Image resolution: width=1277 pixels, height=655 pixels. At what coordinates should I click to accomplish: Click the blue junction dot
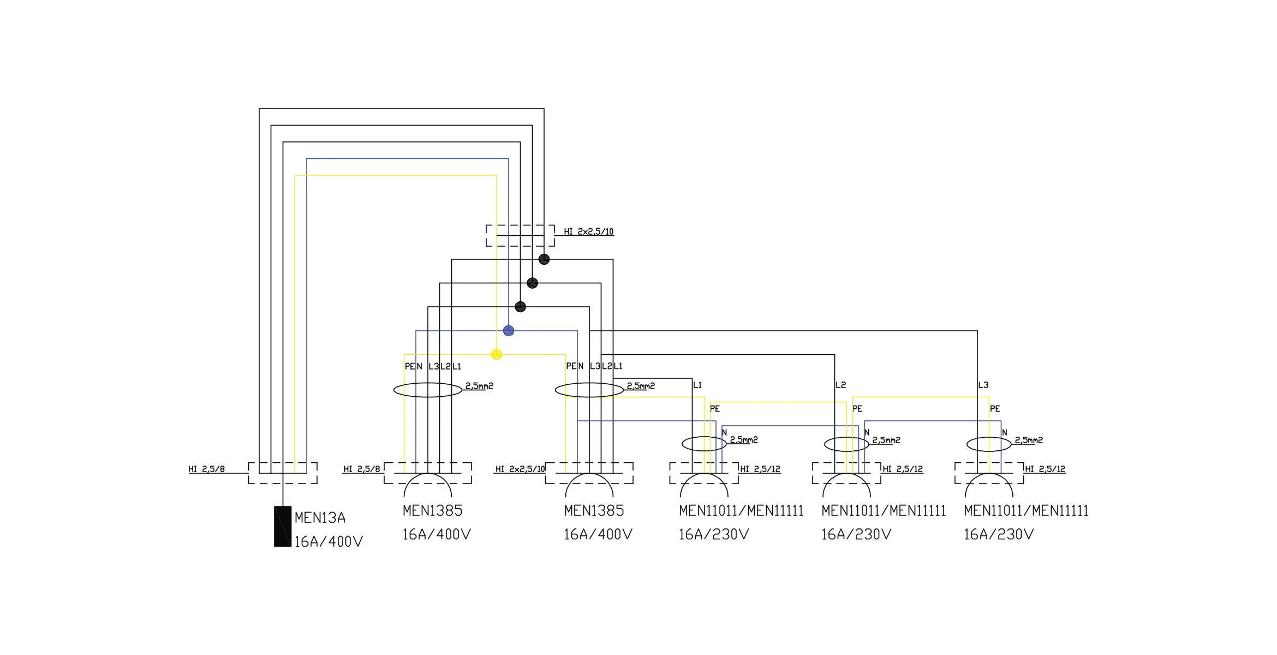point(509,331)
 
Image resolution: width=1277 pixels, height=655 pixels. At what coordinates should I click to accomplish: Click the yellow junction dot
point(497,355)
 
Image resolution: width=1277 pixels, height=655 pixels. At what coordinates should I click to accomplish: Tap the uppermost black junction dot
point(544,259)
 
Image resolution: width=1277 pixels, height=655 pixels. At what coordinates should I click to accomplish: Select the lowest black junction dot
point(521,307)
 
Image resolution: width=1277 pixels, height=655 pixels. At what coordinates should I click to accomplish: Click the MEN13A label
point(320,517)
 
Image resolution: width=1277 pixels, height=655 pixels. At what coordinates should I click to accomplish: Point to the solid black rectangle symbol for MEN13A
point(283,527)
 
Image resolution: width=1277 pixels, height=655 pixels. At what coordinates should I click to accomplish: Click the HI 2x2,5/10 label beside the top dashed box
point(588,231)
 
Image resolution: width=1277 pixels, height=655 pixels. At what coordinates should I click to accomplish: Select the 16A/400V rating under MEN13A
point(329,541)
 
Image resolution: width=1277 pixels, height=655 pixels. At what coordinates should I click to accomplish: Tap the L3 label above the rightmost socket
point(983,385)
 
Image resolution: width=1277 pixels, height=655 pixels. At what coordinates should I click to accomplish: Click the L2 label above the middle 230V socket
point(841,385)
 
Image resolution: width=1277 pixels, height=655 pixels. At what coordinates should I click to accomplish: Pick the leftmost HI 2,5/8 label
point(207,469)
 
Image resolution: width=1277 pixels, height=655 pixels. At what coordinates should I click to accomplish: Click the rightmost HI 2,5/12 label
point(1045,469)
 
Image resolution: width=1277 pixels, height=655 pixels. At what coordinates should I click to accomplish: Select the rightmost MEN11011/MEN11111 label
point(1026,511)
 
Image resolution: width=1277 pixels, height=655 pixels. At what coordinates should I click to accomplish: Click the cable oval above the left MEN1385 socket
point(428,390)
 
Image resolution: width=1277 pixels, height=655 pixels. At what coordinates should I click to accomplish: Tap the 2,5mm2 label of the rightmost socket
point(1029,440)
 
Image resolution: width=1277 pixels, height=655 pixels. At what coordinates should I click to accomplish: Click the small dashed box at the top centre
point(520,235)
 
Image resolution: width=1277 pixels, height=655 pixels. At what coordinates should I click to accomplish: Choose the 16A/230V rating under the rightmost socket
point(999,534)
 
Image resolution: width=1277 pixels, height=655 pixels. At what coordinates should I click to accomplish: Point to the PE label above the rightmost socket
point(995,409)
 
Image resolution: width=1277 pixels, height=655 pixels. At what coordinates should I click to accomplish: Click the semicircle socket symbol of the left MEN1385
point(428,485)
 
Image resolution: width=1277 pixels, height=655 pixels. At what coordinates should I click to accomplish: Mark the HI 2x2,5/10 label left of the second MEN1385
point(520,469)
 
